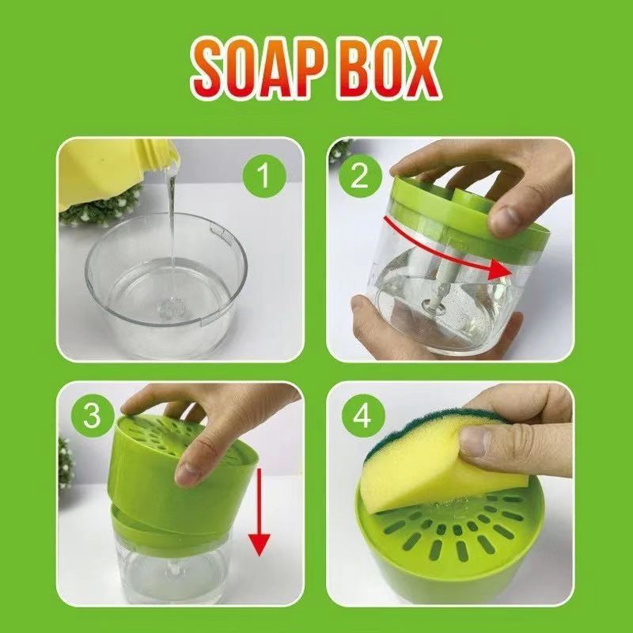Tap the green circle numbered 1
coord(264,176)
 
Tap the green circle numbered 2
coord(360,176)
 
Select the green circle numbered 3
coord(93,415)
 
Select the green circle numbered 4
coord(363,415)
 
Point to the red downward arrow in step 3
coord(260,512)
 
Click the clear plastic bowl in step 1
coord(165,282)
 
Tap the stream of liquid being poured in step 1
coord(172,234)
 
